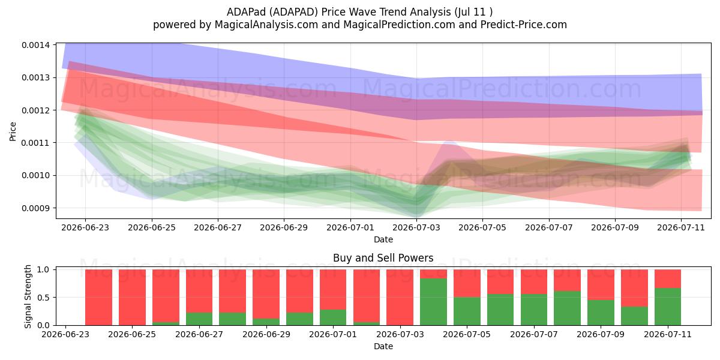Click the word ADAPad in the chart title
tap(246, 12)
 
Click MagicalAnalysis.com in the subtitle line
tap(266, 25)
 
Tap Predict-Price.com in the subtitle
tap(523, 25)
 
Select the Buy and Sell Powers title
tap(383, 258)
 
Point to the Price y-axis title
tap(13, 131)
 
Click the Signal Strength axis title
tap(28, 296)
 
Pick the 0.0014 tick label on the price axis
tap(35, 45)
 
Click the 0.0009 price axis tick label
tap(35, 208)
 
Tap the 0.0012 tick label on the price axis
tap(35, 110)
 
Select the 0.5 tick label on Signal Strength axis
tap(43, 298)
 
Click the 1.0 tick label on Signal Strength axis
tap(43, 269)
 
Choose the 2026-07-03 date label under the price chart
tap(416, 227)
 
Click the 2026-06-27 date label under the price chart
tap(218, 227)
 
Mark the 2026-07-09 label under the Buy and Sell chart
tap(601, 334)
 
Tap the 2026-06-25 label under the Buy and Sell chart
tap(132, 334)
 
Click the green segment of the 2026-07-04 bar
tap(433, 302)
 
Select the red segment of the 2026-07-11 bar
tap(668, 278)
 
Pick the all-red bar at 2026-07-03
tap(400, 298)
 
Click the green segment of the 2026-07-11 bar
tap(668, 307)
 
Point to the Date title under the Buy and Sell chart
tap(383, 346)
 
